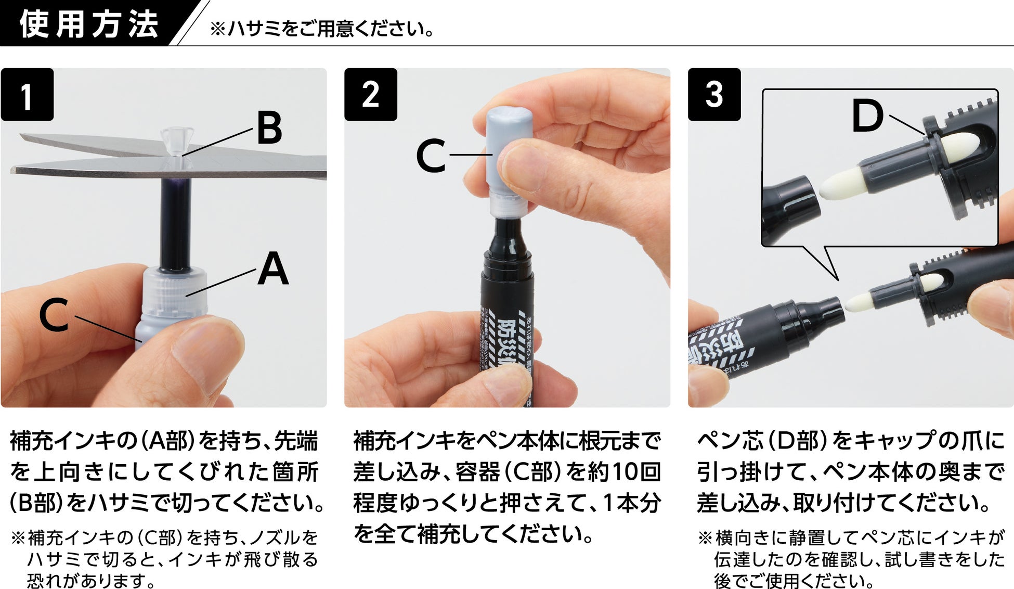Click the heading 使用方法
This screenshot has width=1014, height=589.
89,24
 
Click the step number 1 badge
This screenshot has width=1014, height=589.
27,95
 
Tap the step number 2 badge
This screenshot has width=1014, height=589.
371,95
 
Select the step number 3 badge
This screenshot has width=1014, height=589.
714,95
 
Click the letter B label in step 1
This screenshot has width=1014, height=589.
269,128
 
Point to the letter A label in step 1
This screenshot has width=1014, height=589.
273,268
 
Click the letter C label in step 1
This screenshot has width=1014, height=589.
54,315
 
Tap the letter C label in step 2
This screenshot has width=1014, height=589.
431,155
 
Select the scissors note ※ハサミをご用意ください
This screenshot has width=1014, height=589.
322,29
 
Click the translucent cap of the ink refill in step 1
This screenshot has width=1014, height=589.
174,294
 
